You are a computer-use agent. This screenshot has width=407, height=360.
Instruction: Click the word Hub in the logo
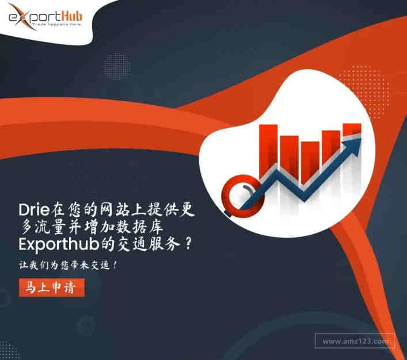(72, 16)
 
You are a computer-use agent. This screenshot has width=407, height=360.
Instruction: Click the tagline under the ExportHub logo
(57, 24)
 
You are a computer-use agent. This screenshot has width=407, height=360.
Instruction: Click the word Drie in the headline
(34, 209)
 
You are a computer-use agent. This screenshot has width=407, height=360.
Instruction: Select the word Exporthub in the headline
(59, 244)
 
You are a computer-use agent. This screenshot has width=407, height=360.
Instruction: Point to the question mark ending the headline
(189, 243)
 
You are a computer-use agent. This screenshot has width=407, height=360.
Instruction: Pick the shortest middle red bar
(310, 163)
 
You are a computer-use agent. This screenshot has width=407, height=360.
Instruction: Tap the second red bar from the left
(290, 157)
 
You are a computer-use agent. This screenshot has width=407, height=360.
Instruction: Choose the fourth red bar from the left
(331, 148)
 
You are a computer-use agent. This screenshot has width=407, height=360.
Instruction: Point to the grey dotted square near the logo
(116, 66)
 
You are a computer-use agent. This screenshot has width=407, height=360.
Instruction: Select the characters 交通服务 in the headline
(149, 244)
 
